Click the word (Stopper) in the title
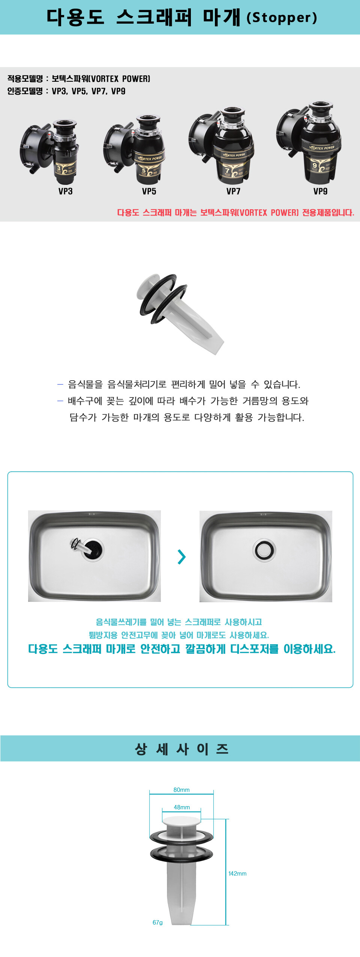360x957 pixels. pos(282,17)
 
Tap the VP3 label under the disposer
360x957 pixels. pos(65,191)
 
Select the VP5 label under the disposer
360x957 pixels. pos(149,191)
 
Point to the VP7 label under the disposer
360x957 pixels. pos(233,191)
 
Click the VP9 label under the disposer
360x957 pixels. pos(320,191)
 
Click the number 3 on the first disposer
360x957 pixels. pos(59,168)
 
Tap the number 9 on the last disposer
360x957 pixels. pos(315,165)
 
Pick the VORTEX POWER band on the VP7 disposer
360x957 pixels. pos(234,154)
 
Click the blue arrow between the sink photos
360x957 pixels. pos(181,556)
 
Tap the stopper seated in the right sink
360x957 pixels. pos(265,550)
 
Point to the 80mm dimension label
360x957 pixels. pos(181,790)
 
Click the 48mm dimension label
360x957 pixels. pos(182,807)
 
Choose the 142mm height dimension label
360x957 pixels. pos(237,873)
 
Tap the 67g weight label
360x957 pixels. pos(157,922)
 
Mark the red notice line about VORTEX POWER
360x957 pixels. pos(235,213)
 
